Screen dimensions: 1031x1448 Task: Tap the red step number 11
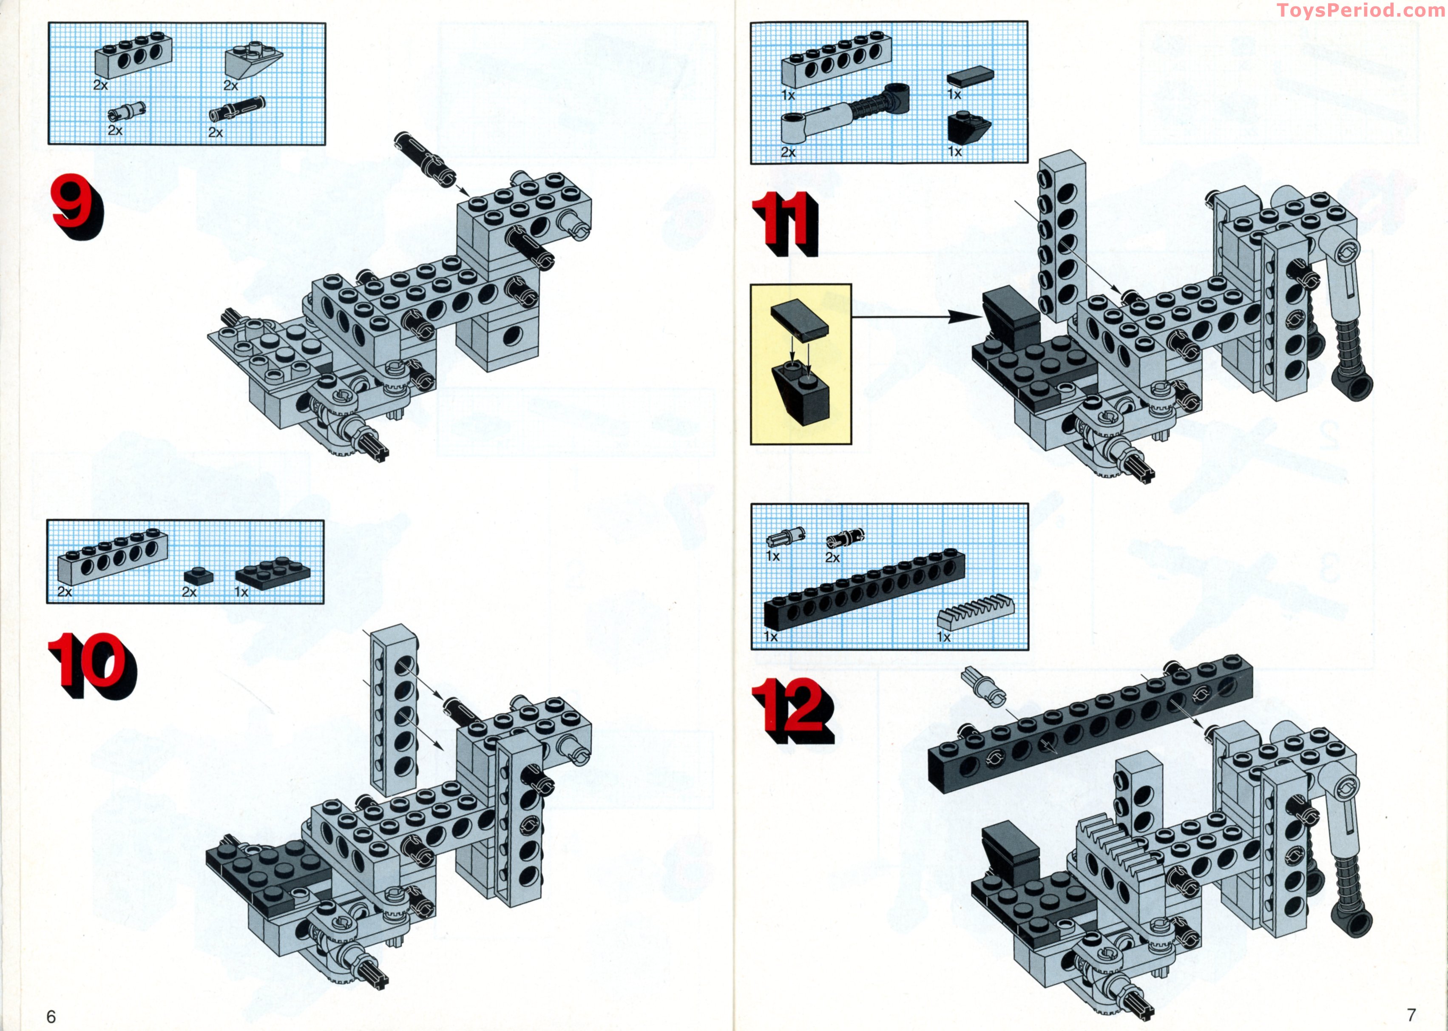(784, 224)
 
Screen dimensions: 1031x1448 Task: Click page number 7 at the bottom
(1411, 1014)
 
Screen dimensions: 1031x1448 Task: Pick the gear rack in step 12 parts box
(976, 611)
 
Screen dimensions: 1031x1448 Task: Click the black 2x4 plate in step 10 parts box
(273, 571)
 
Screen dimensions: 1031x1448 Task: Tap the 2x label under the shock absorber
(788, 152)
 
